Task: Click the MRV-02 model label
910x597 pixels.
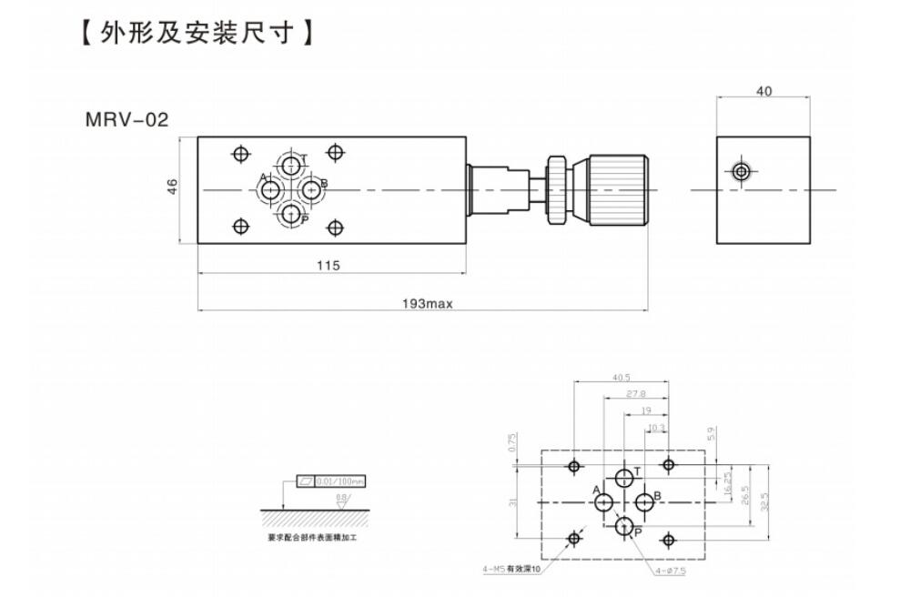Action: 126,119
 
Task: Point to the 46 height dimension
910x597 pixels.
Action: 172,187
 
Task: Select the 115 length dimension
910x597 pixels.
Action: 329,266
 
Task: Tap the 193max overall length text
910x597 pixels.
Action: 427,304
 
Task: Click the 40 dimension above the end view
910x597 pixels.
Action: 764,91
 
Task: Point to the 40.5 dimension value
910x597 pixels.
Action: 622,378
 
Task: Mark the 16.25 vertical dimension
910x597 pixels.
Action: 728,481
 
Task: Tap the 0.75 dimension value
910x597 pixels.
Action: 513,441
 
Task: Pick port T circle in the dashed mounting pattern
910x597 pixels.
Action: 625,478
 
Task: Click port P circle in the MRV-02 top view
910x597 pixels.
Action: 291,214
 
